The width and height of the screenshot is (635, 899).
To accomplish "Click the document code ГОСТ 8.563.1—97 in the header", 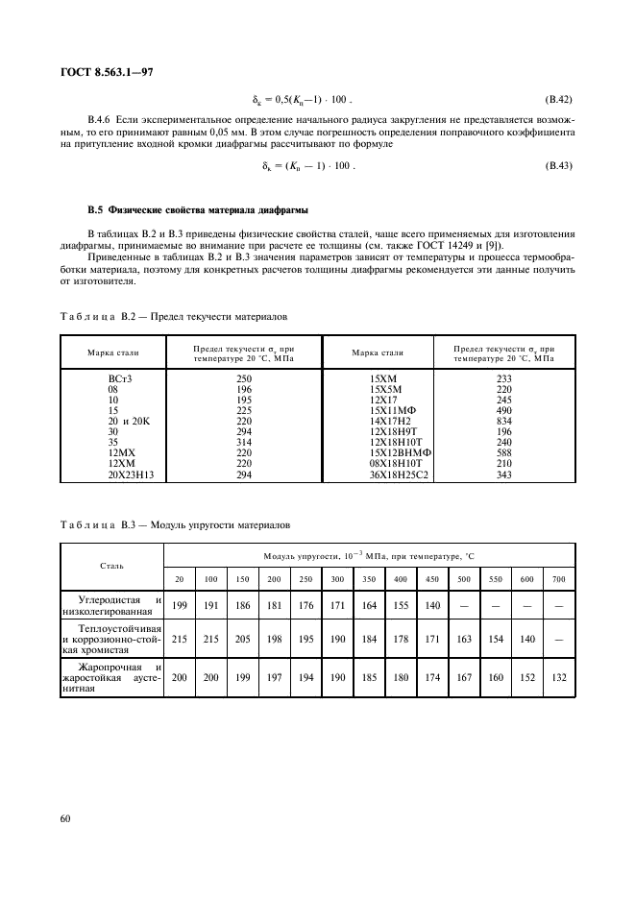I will point(103,71).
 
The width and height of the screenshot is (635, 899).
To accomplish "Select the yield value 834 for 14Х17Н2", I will point(504,422).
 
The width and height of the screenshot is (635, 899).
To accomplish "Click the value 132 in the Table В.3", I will point(559,678).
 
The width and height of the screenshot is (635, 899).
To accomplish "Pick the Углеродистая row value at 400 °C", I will point(401,607).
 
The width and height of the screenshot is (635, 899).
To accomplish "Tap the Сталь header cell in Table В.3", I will point(111,567).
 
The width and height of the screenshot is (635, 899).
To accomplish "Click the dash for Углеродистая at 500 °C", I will point(464,607).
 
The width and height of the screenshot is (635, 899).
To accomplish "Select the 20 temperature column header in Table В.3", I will point(179,579).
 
